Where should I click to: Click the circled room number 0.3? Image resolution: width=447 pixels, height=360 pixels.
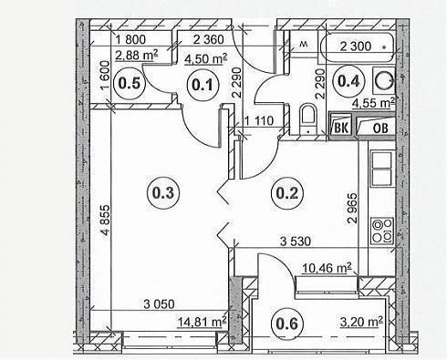click(x=163, y=193)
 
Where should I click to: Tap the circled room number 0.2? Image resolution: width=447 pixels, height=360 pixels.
click(x=286, y=193)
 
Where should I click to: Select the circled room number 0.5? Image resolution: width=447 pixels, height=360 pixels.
click(x=130, y=84)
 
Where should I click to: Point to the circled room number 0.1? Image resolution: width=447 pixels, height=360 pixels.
click(x=203, y=85)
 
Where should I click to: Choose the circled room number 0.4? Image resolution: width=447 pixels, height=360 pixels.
click(x=348, y=81)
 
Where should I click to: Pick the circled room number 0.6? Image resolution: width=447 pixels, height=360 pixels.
click(x=287, y=324)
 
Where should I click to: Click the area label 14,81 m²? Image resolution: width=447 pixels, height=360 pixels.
click(x=202, y=322)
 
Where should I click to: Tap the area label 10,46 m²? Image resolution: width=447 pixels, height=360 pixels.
click(x=327, y=268)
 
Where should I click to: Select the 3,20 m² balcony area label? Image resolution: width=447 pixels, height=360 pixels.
click(x=361, y=322)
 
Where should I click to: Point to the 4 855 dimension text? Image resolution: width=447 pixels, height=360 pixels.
click(x=105, y=221)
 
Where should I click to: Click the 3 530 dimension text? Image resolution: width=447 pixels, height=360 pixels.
click(x=296, y=242)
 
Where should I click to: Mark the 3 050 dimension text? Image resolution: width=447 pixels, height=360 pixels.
click(x=159, y=304)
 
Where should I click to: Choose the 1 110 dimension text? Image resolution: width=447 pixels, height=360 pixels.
click(x=259, y=121)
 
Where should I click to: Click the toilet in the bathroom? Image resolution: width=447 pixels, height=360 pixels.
click(x=307, y=119)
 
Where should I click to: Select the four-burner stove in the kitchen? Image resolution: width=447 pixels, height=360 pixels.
click(x=382, y=231)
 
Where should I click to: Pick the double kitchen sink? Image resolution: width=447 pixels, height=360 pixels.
click(x=382, y=169)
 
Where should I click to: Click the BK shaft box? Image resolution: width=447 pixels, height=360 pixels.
click(x=341, y=125)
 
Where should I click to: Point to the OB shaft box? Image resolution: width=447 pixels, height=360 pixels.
click(x=377, y=126)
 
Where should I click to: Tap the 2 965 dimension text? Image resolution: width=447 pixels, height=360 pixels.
click(x=353, y=208)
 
